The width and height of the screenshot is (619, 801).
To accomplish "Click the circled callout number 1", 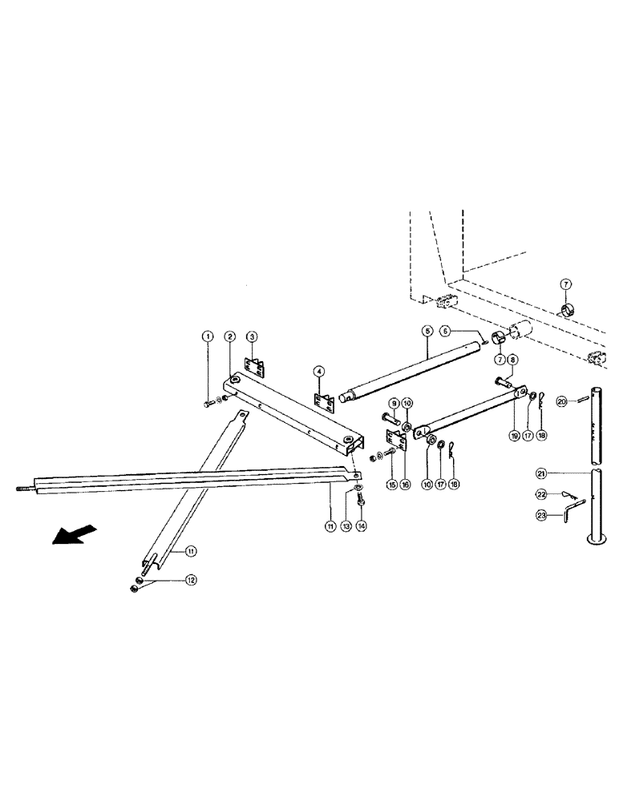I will click(x=208, y=336).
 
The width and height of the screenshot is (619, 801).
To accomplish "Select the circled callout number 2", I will click(x=229, y=336).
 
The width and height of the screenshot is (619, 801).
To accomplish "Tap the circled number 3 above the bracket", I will click(x=251, y=336).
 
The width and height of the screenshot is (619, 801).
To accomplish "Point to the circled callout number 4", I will click(x=318, y=372).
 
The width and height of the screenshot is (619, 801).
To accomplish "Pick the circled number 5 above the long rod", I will click(x=427, y=330).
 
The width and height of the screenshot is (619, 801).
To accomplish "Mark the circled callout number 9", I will click(x=394, y=402).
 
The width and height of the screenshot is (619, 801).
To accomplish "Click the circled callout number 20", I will click(x=562, y=401).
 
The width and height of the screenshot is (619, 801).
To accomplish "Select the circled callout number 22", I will click(x=564, y=495).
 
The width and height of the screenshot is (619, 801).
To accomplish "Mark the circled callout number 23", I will click(x=564, y=517).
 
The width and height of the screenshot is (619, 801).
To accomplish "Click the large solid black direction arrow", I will click(x=75, y=534).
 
